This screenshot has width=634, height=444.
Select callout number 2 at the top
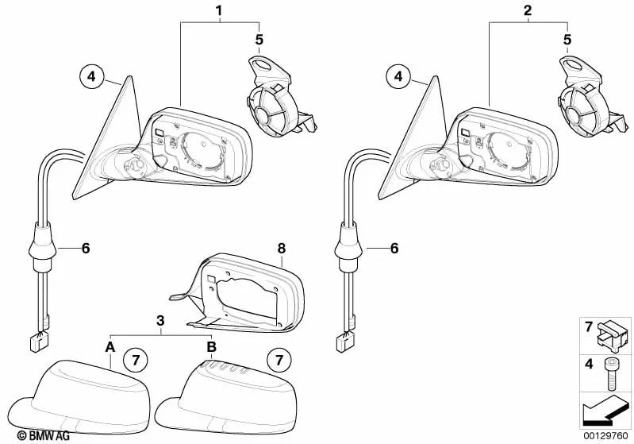click(x=528, y=11)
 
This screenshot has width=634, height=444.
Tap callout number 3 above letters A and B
click(x=161, y=321)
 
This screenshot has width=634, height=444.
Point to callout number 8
click(x=279, y=248)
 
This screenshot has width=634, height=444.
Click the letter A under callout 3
click(x=110, y=347)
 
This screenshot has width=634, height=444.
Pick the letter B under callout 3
click(x=211, y=347)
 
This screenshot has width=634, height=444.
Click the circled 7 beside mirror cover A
click(x=135, y=360)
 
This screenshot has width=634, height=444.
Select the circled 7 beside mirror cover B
click(x=279, y=360)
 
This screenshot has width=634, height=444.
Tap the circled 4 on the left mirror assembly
click(x=91, y=77)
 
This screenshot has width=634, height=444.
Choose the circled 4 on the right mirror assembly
click(x=399, y=77)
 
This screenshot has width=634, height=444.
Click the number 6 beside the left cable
click(x=85, y=249)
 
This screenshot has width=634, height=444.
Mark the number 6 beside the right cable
click(x=393, y=249)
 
